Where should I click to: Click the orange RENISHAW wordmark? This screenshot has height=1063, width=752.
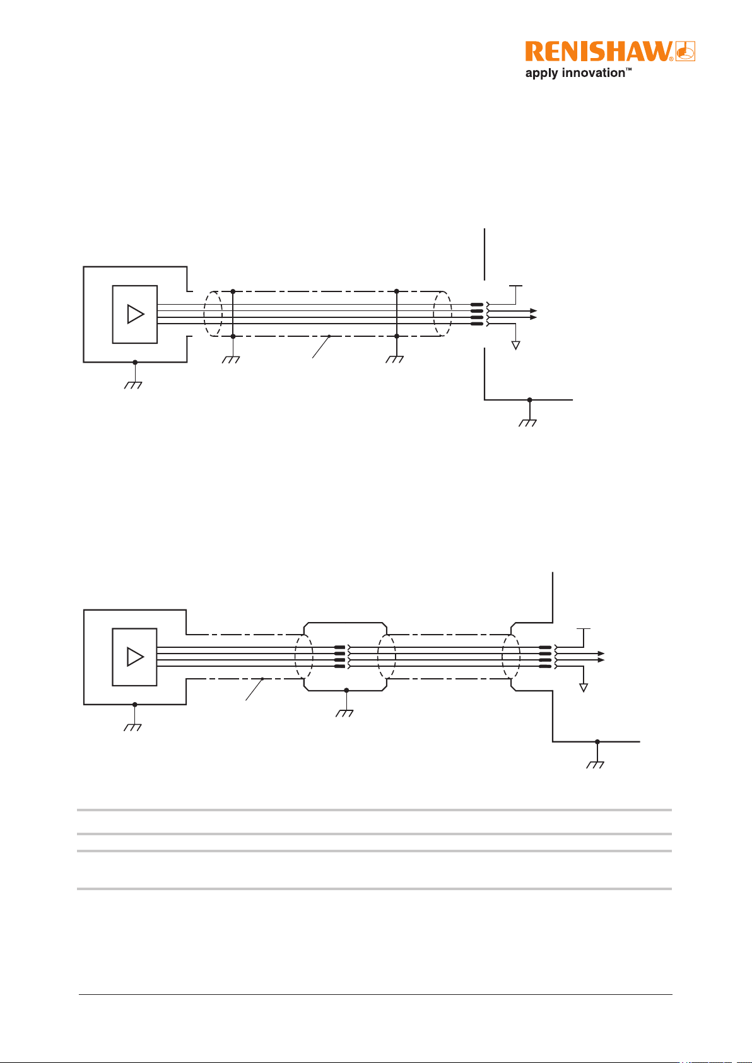[x=599, y=51]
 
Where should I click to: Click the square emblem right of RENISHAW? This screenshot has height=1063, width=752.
[x=685, y=51]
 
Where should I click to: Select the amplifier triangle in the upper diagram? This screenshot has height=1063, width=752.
[x=136, y=314]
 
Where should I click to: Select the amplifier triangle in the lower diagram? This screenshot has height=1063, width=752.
[x=135, y=657]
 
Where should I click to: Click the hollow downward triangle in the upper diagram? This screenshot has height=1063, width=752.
[x=515, y=345]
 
